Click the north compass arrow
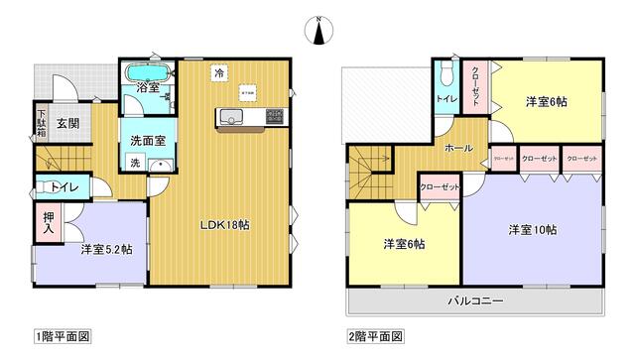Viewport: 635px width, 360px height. tap(318, 32)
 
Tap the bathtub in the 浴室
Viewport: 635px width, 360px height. tap(147, 74)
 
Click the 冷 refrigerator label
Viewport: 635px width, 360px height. tap(217, 72)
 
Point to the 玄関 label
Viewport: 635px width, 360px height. tap(67, 124)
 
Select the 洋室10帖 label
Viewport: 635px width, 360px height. tap(532, 230)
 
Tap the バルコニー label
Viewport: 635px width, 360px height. tap(474, 300)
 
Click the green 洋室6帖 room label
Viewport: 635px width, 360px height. tap(405, 244)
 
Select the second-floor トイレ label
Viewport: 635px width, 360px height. tap(444, 98)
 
